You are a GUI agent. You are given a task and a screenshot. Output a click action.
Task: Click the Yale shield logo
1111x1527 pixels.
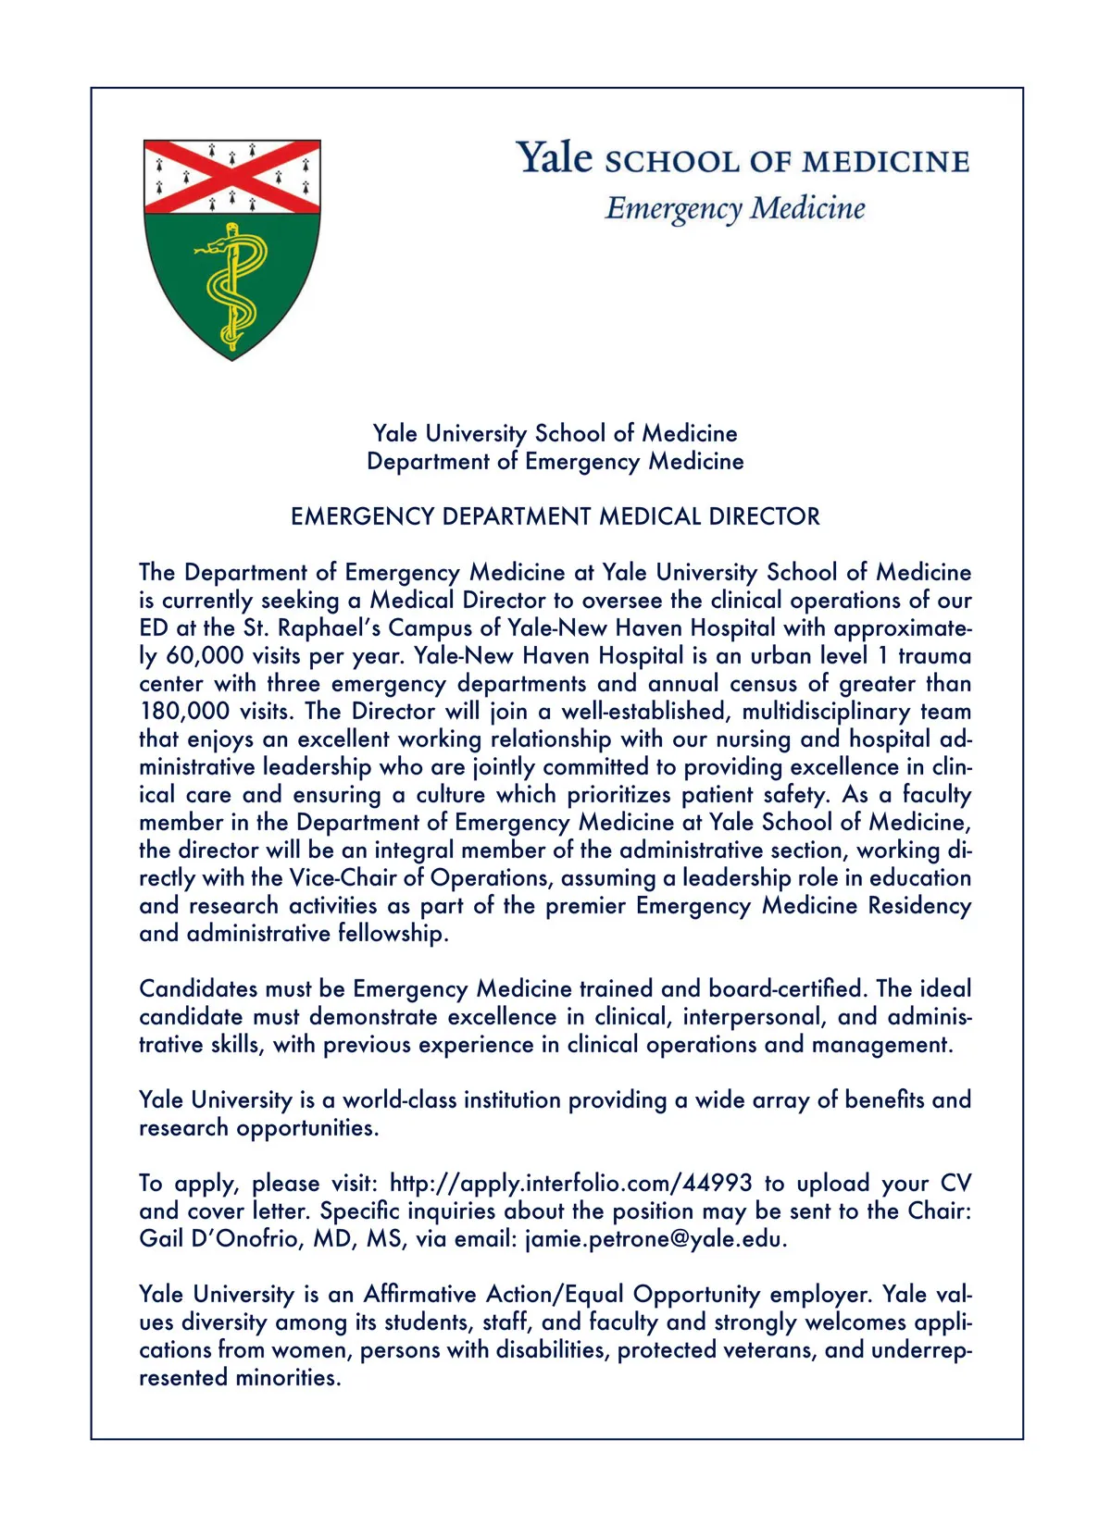point(231,248)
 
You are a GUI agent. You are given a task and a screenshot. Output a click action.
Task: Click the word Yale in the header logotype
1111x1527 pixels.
point(554,157)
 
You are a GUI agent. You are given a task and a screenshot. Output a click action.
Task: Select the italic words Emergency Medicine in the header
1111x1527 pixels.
point(735,208)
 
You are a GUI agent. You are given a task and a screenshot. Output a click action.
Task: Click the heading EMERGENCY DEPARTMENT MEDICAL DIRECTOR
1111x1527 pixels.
point(555,516)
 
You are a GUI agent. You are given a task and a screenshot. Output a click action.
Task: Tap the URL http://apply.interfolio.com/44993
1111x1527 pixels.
point(570,1184)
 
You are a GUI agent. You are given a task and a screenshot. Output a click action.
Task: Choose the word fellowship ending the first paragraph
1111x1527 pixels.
point(390,934)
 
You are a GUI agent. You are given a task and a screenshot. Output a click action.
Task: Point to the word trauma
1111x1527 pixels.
point(934,656)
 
